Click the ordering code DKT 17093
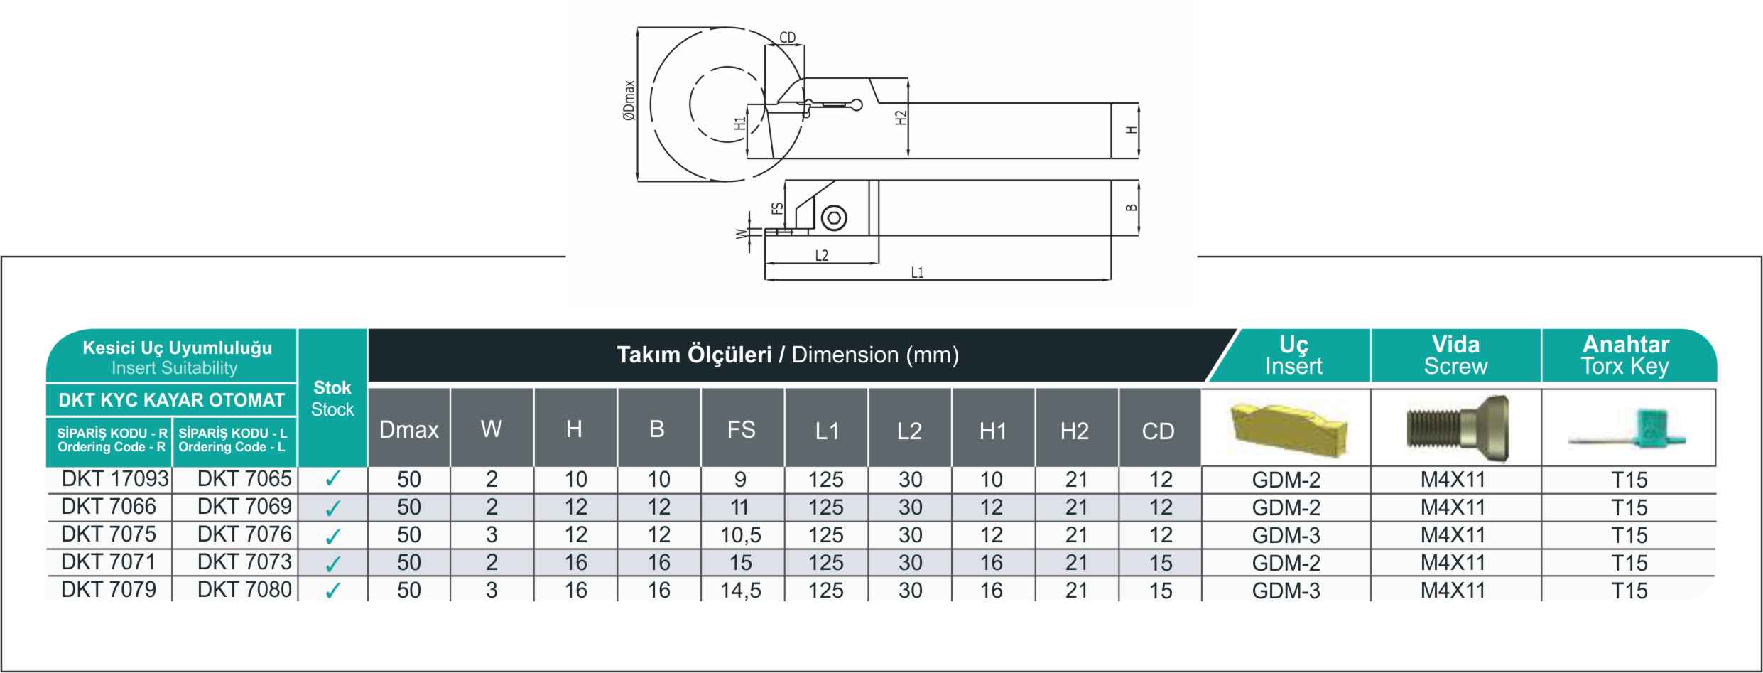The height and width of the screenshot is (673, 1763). [x=115, y=479]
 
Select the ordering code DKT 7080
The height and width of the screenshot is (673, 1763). [x=244, y=589]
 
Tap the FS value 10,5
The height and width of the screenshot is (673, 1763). [x=741, y=535]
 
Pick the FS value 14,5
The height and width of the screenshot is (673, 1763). [x=741, y=591]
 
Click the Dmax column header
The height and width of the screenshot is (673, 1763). [x=409, y=430]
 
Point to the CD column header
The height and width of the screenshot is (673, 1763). [x=1159, y=431]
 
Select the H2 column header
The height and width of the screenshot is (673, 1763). [x=1075, y=431]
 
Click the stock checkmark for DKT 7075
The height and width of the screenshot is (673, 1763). [x=332, y=536]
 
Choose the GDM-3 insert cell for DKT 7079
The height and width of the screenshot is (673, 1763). [x=1286, y=591]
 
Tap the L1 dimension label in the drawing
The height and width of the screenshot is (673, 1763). [x=917, y=273]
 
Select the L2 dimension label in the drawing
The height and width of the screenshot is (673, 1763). [x=822, y=256]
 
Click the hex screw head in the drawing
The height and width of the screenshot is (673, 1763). [x=833, y=218]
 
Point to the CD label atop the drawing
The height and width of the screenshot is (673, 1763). [x=788, y=38]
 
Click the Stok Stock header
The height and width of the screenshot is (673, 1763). [x=332, y=398]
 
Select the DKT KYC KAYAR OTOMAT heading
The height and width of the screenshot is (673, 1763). [x=171, y=400]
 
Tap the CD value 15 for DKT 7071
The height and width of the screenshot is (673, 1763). [x=1161, y=563]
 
